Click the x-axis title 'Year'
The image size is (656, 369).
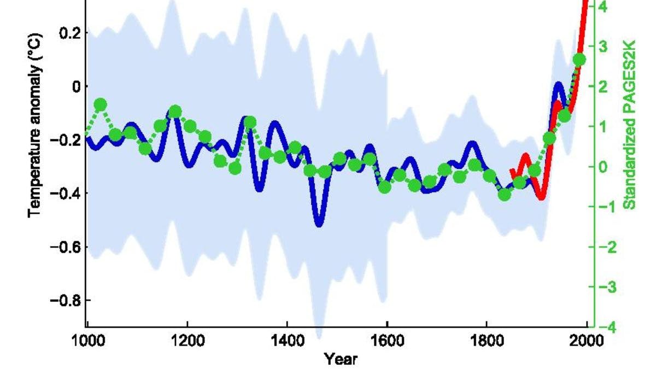click(341, 359)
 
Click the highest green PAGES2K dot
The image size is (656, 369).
click(579, 60)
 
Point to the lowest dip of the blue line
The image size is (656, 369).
click(319, 222)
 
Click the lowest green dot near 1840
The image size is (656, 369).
click(504, 194)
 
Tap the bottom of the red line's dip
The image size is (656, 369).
click(541, 197)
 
